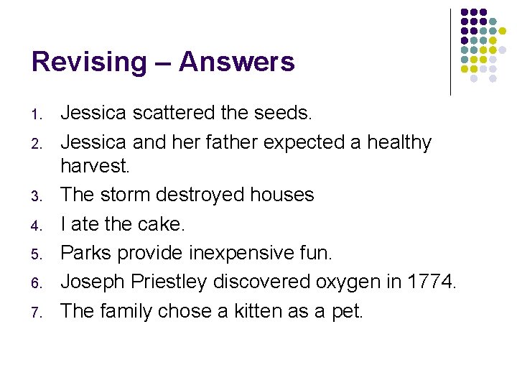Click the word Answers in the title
click(237, 62)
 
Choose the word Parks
click(86, 253)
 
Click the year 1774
click(429, 282)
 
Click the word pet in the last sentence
click(348, 312)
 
